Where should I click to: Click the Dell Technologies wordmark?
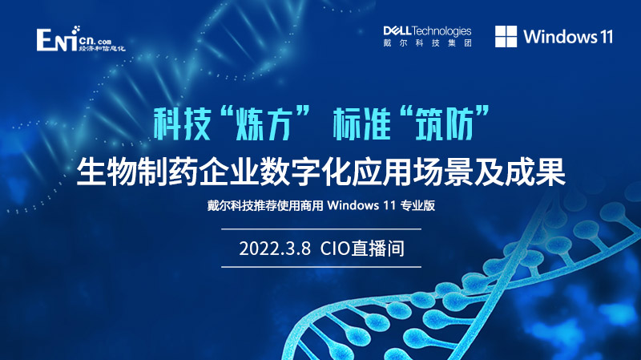[427, 31]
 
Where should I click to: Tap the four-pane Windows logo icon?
[506, 36]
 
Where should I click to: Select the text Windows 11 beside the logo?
[568, 37]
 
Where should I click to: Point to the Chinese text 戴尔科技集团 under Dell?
[427, 43]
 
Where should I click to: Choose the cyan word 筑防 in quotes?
[444, 123]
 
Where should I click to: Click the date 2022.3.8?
[275, 249]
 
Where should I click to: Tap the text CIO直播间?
[362, 249]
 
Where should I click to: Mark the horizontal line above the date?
[321, 229]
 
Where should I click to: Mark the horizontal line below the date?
[321, 267]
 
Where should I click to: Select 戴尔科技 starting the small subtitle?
[230, 205]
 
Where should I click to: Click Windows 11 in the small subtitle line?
[361, 205]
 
